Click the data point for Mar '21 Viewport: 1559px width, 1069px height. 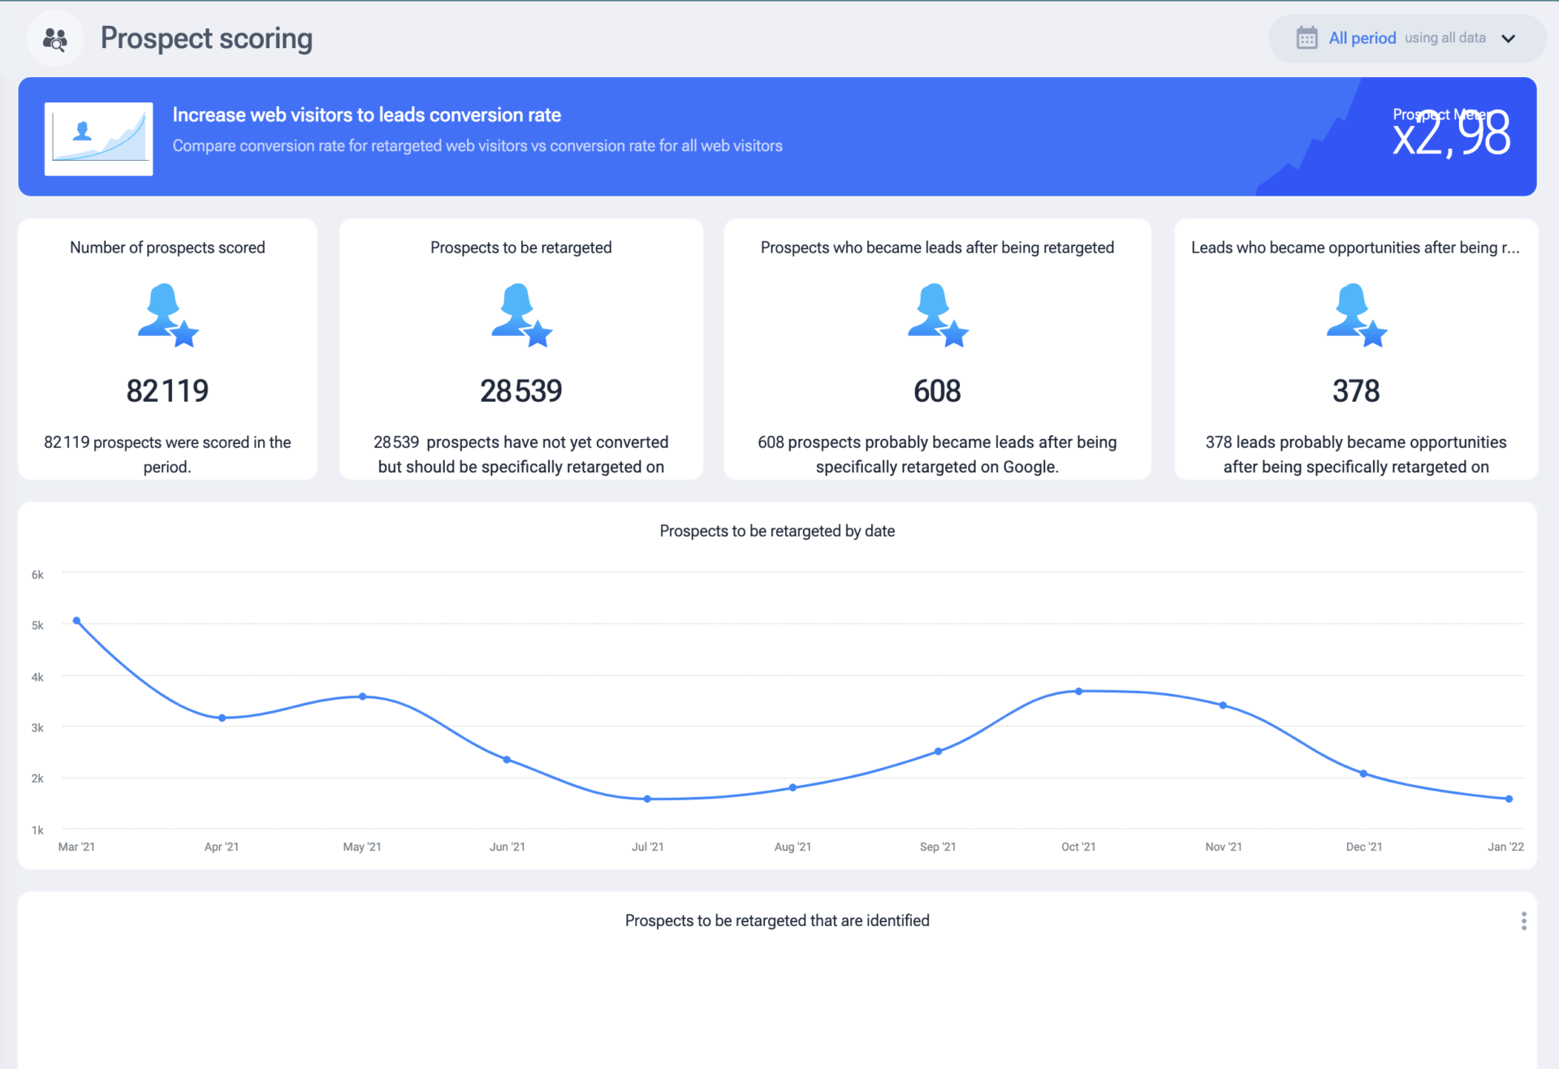point(76,621)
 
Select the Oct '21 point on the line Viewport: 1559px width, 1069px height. point(1078,692)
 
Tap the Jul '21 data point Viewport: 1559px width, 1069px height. point(647,799)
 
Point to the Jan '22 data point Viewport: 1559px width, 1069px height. point(1509,799)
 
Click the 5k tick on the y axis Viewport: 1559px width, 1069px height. point(37,625)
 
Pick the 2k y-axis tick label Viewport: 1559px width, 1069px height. point(37,778)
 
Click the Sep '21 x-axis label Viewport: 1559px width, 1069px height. point(937,847)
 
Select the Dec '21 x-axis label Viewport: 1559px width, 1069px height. point(1363,847)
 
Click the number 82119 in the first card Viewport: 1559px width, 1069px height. point(167,391)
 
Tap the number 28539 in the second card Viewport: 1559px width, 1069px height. point(520,391)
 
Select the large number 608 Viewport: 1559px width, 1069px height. point(937,391)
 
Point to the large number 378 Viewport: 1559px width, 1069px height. point(1355,391)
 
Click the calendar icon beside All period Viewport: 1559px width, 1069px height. point(1306,38)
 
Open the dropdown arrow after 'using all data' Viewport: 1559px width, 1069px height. point(1509,39)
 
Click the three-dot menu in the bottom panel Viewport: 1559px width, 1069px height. point(1523,920)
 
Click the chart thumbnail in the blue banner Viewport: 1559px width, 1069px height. point(98,138)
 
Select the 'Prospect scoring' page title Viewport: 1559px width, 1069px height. point(206,38)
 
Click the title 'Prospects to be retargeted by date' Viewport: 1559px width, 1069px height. point(777,531)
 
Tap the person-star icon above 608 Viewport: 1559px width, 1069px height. point(937,315)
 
